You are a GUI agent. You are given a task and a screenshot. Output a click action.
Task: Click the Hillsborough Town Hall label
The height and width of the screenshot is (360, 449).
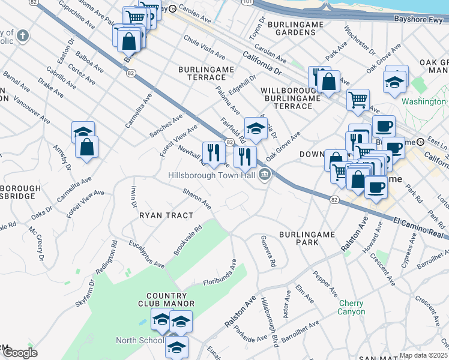(213, 175)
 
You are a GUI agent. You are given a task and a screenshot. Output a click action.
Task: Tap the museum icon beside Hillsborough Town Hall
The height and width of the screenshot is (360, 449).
(264, 175)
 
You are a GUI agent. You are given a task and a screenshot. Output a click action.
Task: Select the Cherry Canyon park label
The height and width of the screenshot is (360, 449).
(351, 307)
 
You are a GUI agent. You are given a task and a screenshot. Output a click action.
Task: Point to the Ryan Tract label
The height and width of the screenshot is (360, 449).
(166, 215)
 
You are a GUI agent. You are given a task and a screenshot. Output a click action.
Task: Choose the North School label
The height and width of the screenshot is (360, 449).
(139, 340)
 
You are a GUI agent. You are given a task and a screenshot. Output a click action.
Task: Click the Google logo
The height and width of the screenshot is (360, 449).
(20, 352)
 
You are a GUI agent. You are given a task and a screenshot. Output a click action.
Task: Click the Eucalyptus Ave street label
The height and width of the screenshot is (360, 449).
(146, 254)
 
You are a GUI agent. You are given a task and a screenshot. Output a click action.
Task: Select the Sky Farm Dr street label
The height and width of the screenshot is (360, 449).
(84, 293)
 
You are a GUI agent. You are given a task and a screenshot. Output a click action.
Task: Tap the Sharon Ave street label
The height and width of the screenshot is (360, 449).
(197, 199)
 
